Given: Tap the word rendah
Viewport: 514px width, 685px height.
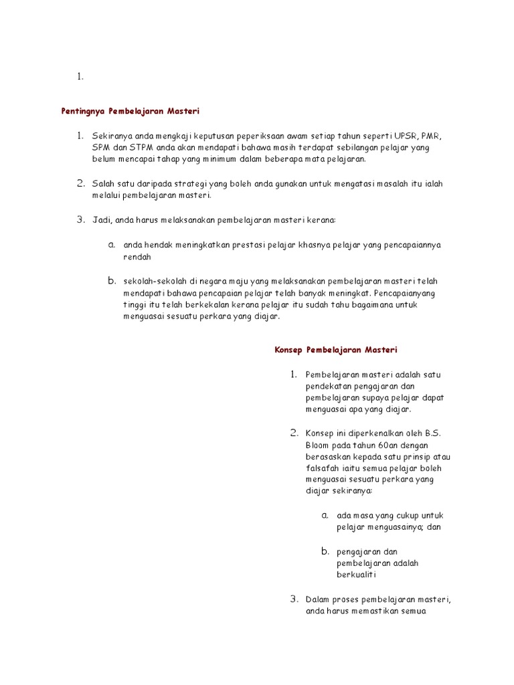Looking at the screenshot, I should [x=138, y=257].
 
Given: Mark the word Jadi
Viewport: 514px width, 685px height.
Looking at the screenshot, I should [x=102, y=219].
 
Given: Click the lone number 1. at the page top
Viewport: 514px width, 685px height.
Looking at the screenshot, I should [x=80, y=77].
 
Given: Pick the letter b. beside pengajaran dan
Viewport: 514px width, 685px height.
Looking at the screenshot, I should [x=325, y=551].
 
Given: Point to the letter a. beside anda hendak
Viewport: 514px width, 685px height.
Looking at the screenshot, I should [x=112, y=244].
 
